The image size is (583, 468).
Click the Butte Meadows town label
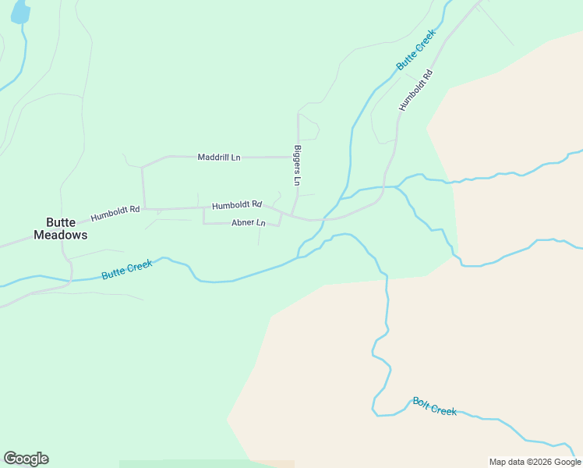point(61,228)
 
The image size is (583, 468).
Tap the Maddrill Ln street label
point(219,158)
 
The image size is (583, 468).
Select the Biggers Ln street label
point(297,165)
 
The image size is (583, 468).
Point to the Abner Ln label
point(249,223)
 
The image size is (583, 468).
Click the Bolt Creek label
point(434,406)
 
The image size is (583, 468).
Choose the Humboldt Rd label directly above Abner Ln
point(237,205)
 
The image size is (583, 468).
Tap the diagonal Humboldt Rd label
point(415,90)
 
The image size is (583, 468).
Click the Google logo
point(26,459)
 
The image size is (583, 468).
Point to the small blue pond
point(20,11)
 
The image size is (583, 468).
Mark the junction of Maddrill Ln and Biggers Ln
point(298,157)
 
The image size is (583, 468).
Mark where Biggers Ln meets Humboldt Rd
point(291,215)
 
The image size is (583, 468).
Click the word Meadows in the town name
point(61,235)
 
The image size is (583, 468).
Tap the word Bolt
point(422,402)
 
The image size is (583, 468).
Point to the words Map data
point(507,462)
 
